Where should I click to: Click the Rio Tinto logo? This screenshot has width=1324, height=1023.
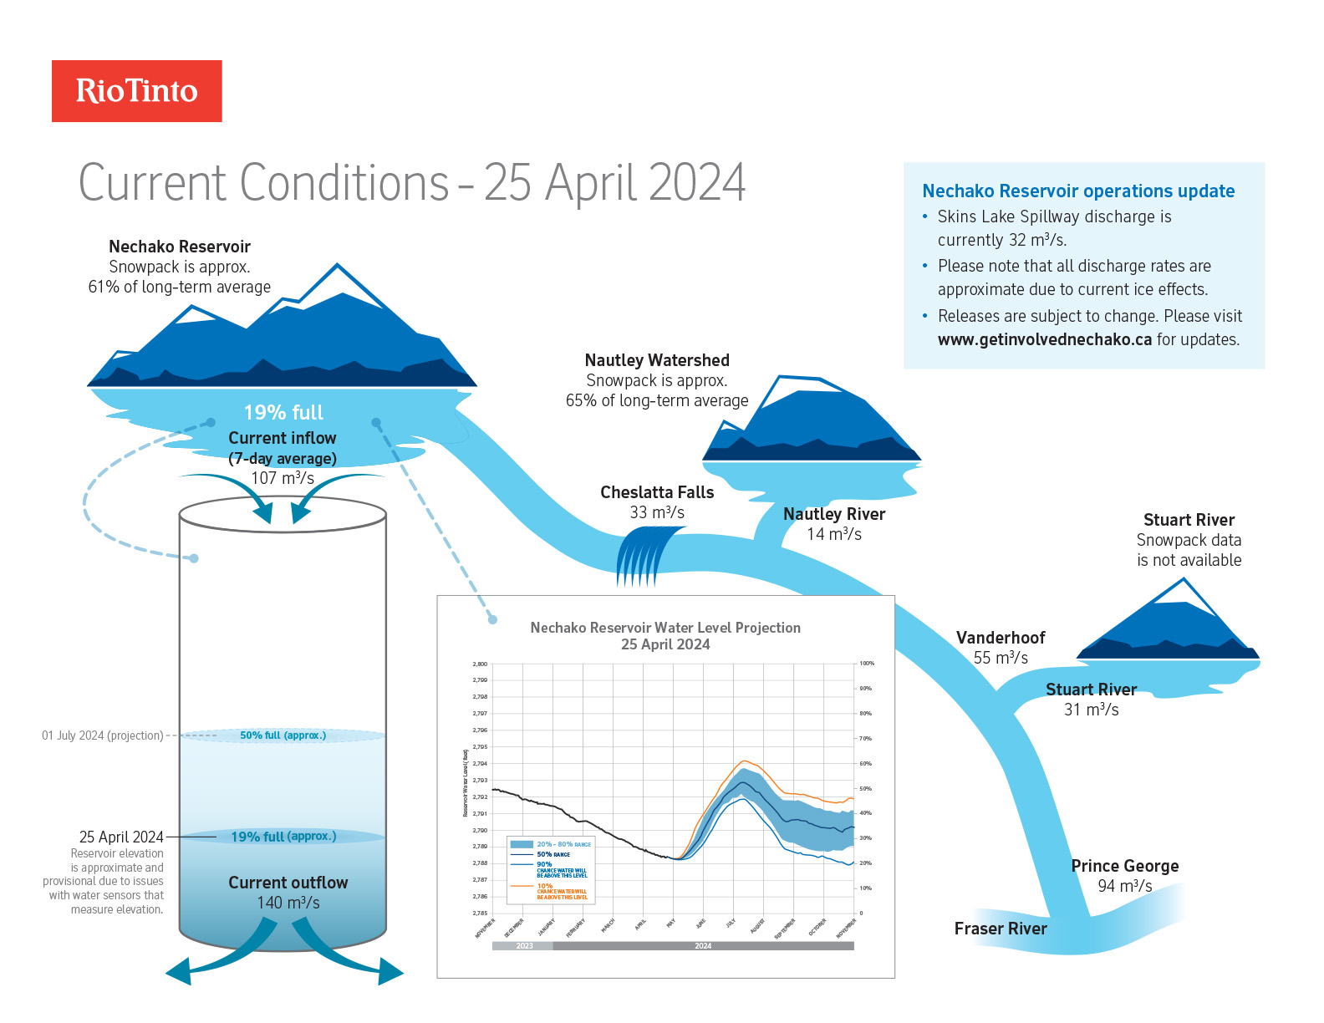click(x=137, y=91)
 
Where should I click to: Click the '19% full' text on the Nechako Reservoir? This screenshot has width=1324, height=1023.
click(x=283, y=413)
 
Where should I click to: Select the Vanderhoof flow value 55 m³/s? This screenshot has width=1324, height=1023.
click(x=1001, y=658)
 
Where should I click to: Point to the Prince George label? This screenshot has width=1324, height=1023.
click(x=1125, y=866)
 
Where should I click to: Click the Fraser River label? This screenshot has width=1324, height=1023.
click(x=1001, y=929)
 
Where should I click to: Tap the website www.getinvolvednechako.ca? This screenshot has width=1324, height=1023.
click(x=1044, y=339)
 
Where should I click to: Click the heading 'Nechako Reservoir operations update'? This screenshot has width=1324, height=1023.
click(x=1078, y=191)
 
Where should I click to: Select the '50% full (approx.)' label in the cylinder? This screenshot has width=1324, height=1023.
click(x=283, y=735)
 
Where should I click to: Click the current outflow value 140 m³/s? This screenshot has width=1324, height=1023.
click(x=288, y=903)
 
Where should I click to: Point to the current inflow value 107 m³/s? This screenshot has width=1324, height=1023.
click(x=283, y=478)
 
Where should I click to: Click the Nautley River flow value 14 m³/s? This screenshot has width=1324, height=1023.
click(x=834, y=534)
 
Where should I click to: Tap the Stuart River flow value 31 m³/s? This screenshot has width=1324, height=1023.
click(x=1091, y=710)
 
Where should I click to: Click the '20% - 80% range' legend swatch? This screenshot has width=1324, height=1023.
click(x=522, y=845)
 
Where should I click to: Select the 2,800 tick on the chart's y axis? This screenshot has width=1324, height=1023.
click(x=480, y=664)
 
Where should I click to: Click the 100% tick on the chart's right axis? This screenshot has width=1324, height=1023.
click(x=867, y=664)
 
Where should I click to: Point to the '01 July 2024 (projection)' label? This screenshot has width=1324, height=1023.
click(x=103, y=735)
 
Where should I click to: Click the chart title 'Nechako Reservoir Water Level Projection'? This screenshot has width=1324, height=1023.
click(x=665, y=628)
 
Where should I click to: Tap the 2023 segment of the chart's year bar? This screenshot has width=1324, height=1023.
click(x=524, y=946)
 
